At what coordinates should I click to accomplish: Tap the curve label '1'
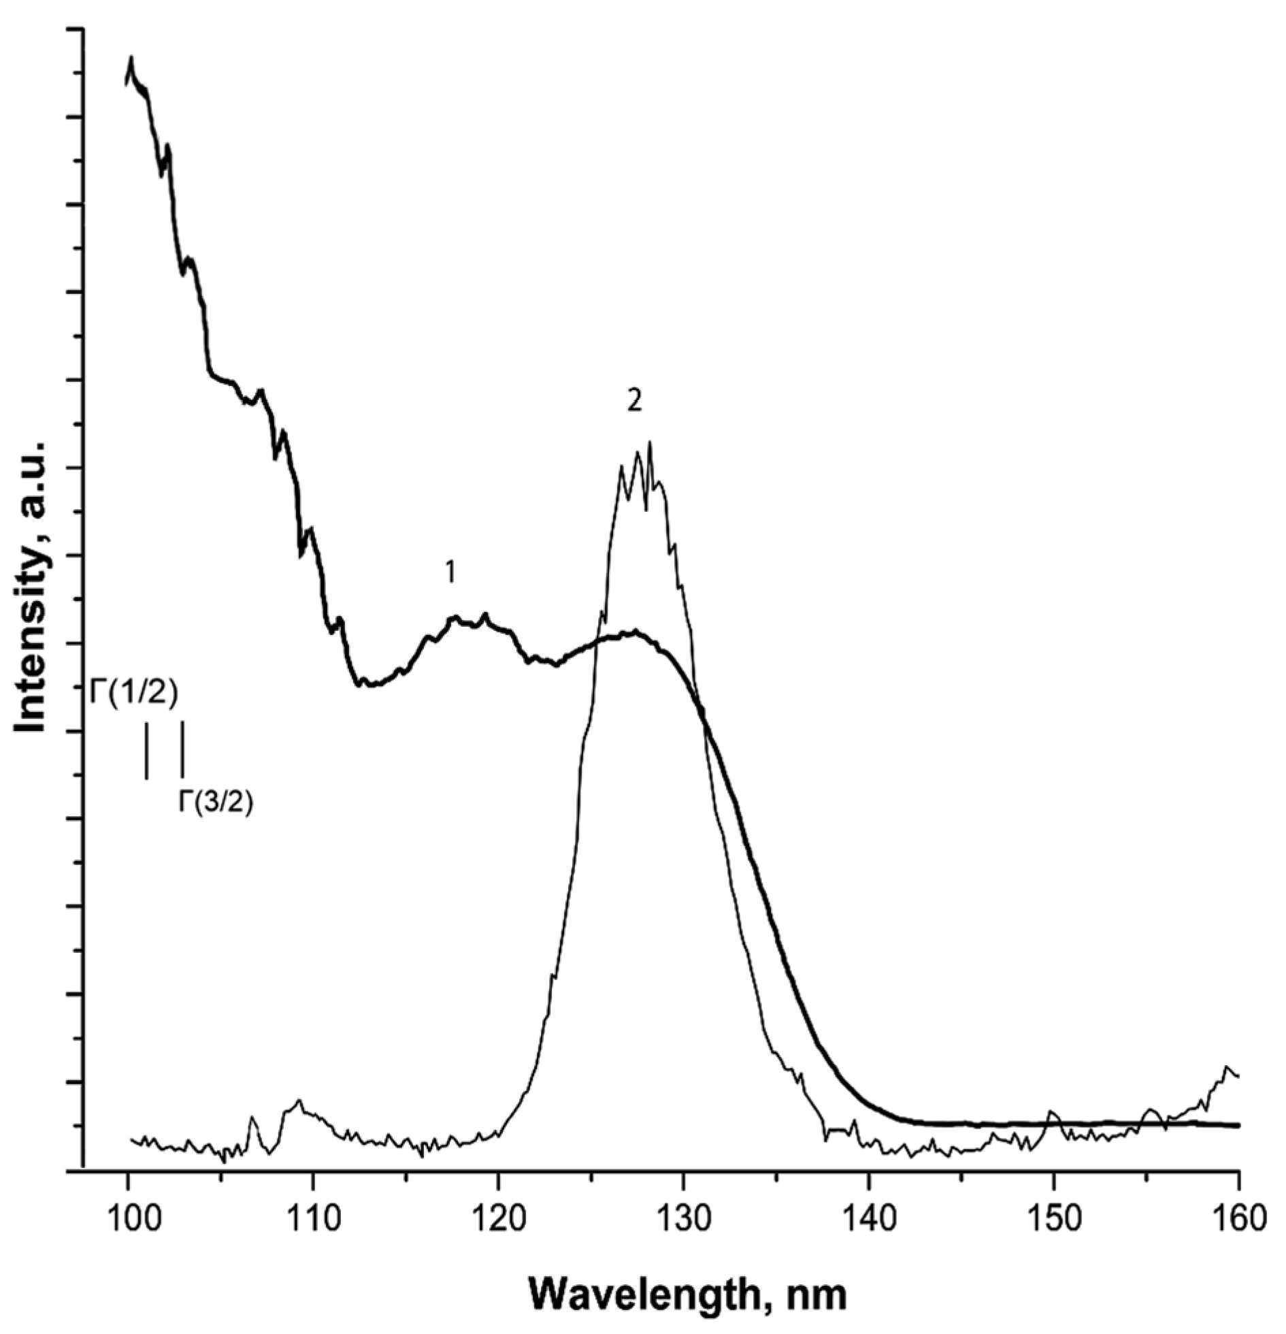click(450, 574)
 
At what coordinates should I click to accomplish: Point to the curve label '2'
click(634, 402)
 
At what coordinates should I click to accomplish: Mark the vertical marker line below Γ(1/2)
click(146, 749)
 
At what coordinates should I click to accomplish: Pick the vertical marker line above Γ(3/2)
click(182, 749)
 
